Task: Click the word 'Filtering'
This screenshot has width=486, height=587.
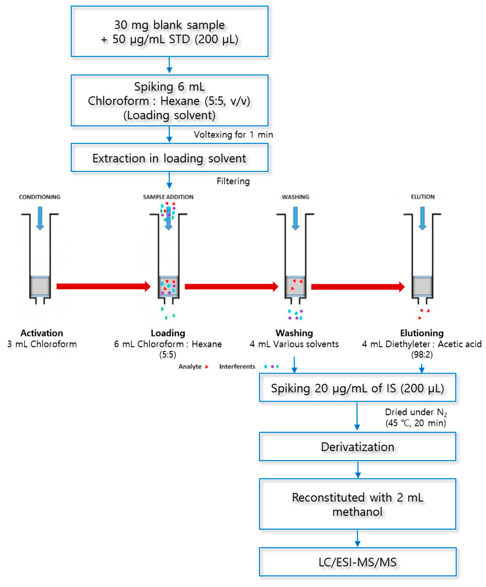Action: (233, 181)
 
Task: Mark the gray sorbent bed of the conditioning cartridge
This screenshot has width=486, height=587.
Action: (40, 287)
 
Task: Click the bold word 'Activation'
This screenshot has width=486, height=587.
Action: (42, 333)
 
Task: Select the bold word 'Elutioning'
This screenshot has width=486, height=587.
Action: (422, 333)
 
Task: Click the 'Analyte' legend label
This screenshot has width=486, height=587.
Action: (190, 366)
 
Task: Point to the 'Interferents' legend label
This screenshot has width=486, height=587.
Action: (237, 366)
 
